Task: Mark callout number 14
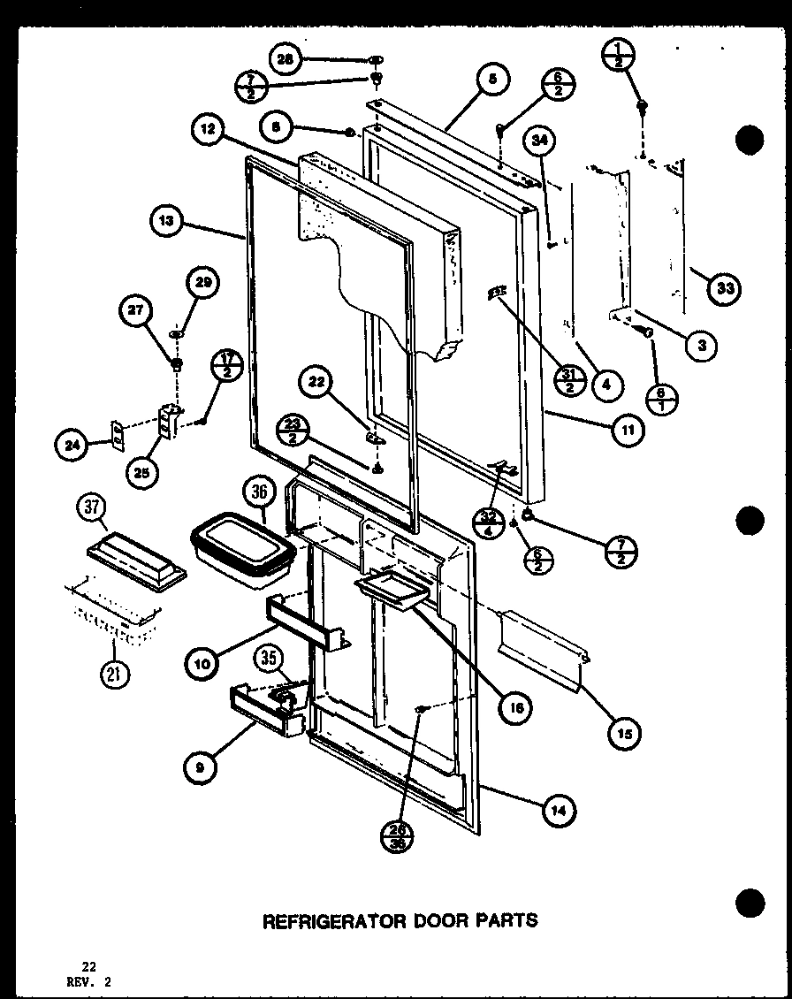(558, 810)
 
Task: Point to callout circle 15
(625, 732)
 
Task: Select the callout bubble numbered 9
(201, 768)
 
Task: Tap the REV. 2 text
(91, 981)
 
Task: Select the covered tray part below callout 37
(137, 561)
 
